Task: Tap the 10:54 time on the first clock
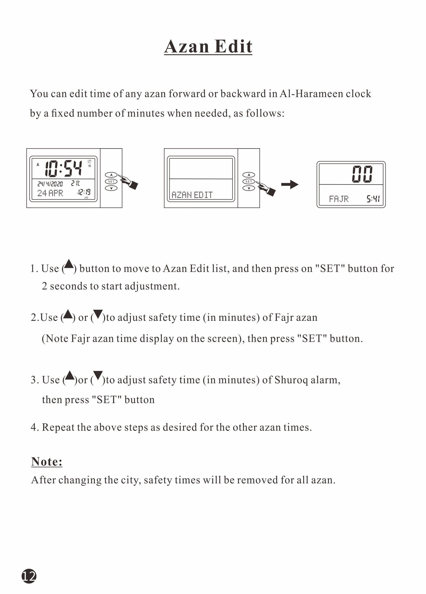point(63,168)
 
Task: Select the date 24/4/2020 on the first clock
point(50,184)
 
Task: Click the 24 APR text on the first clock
point(50,193)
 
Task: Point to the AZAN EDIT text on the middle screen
point(192,195)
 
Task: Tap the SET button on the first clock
point(111,182)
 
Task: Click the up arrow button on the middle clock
point(249,175)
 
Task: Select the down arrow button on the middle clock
point(249,188)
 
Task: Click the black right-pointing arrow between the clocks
point(290,185)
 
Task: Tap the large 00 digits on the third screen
point(362,174)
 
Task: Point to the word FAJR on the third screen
point(339,199)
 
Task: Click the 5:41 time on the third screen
point(373,199)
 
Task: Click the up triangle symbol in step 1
point(69,264)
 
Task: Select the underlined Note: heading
point(47,462)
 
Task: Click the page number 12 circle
point(29,576)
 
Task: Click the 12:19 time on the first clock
point(84,192)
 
